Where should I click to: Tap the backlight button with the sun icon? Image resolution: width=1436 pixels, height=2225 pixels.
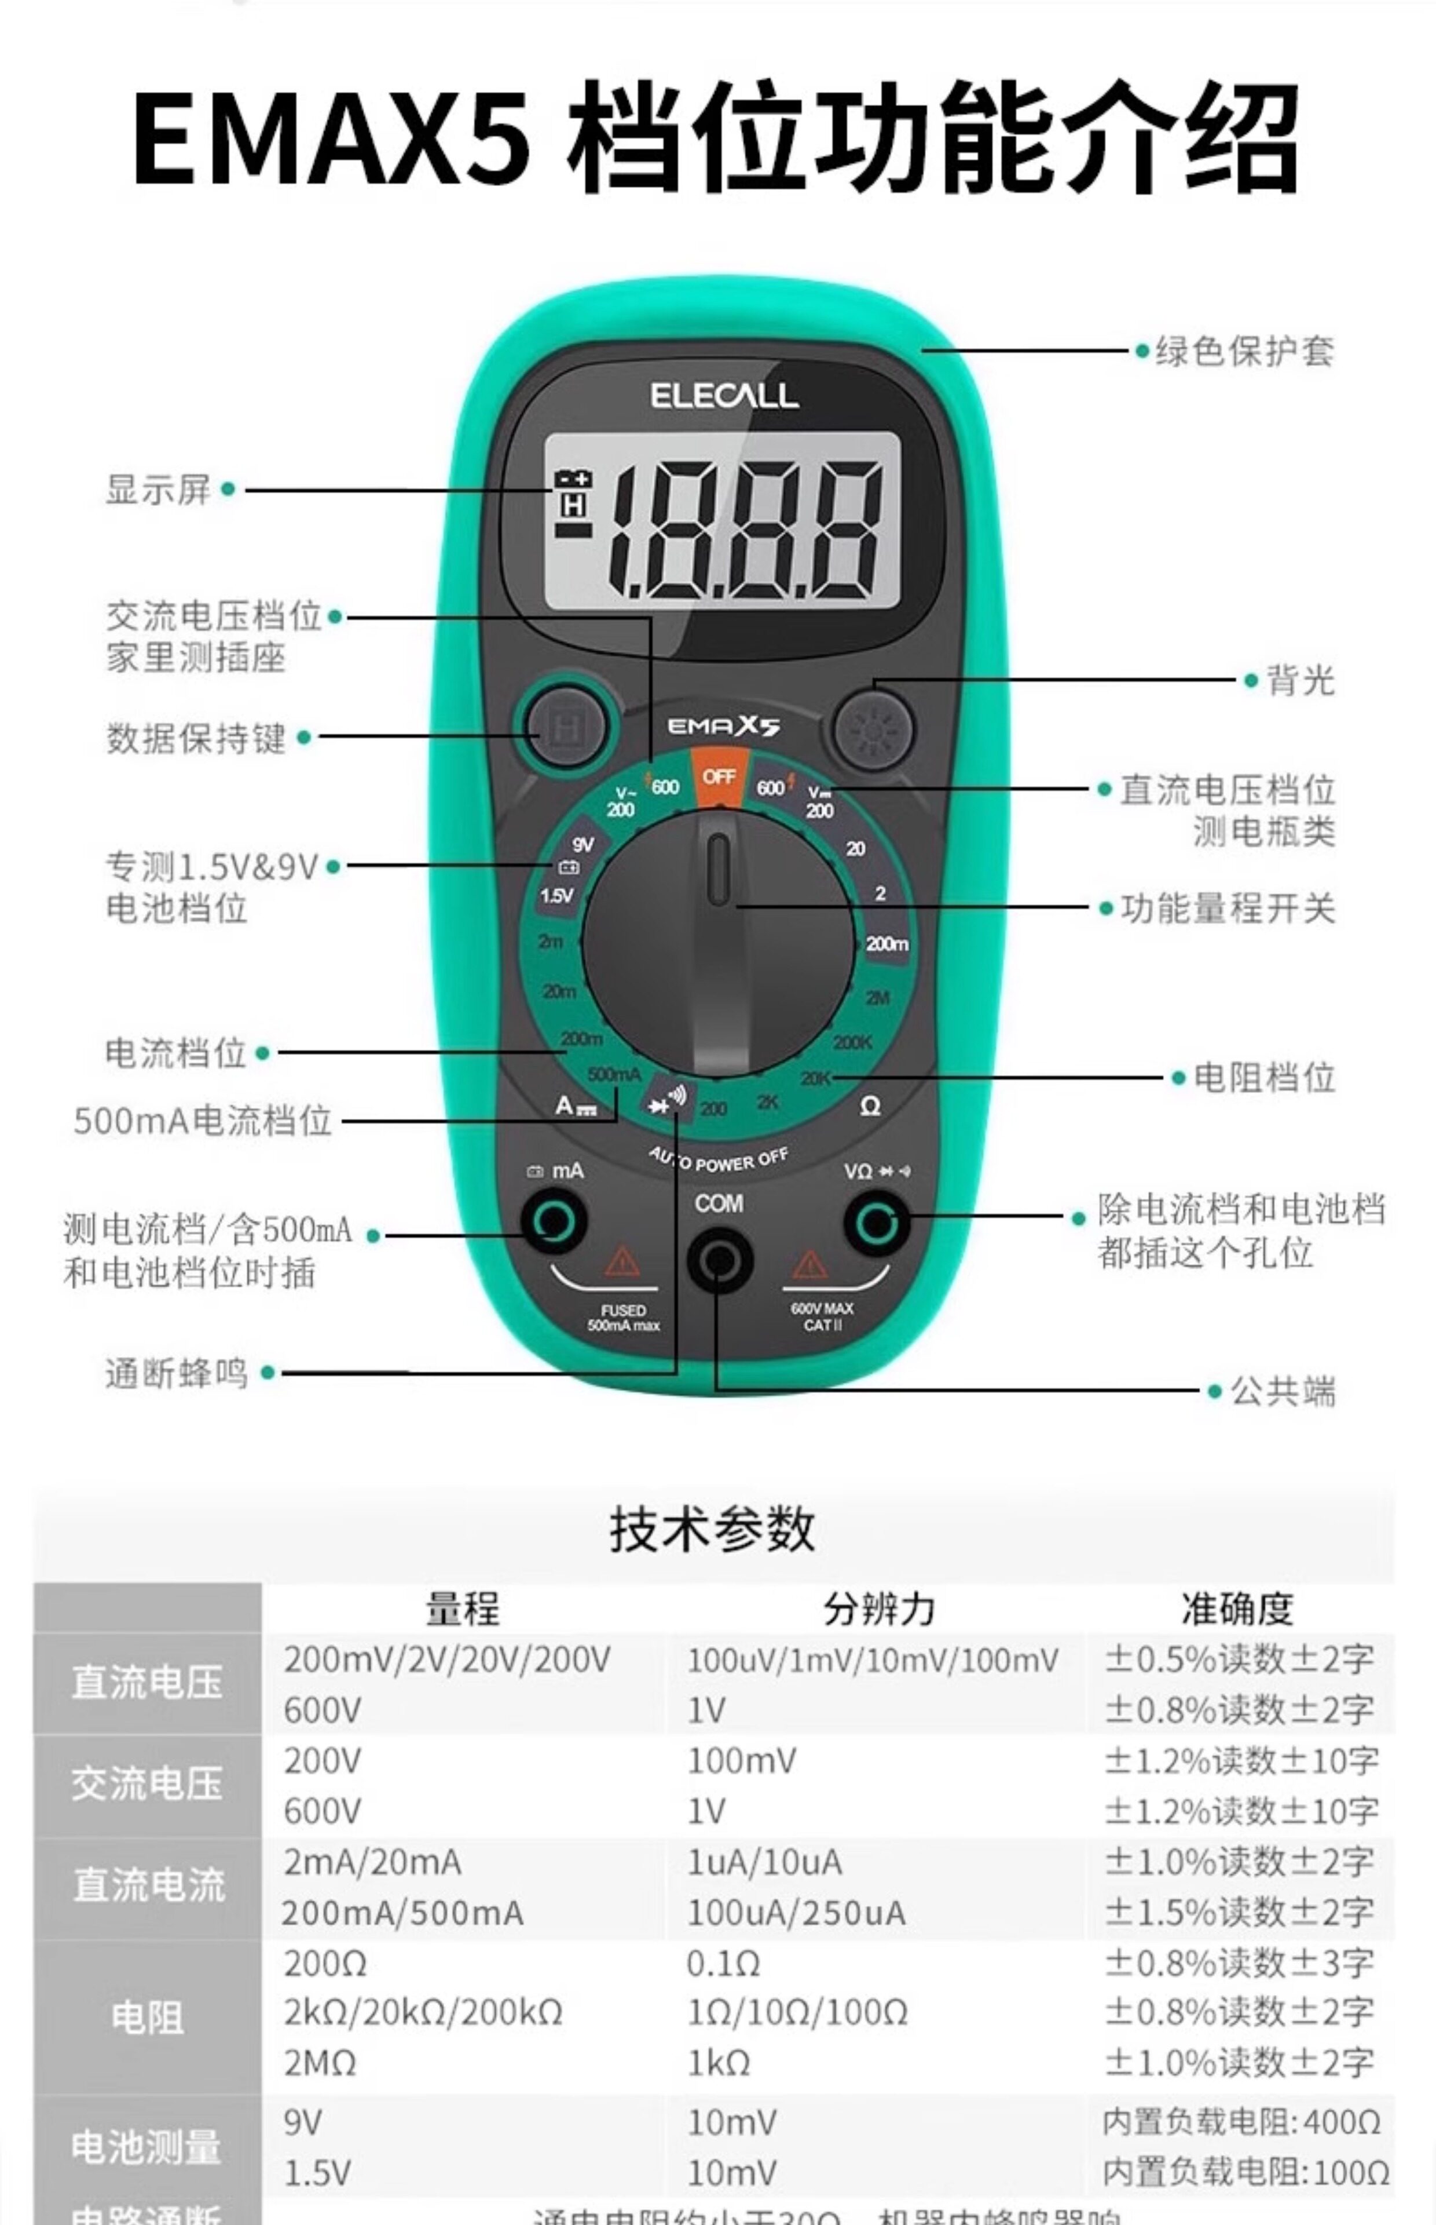873,728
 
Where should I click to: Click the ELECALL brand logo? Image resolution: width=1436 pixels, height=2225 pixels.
724,396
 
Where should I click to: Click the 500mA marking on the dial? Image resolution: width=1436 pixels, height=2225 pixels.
614,1074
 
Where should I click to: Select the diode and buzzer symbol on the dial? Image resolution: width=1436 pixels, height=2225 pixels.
666,1100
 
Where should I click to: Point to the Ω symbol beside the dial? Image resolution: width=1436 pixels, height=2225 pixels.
869,1107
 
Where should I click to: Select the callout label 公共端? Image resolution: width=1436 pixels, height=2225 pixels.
1282,1391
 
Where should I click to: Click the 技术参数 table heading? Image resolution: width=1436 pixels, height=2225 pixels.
712,1531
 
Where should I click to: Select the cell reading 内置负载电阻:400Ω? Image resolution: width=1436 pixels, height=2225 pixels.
1240,2122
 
